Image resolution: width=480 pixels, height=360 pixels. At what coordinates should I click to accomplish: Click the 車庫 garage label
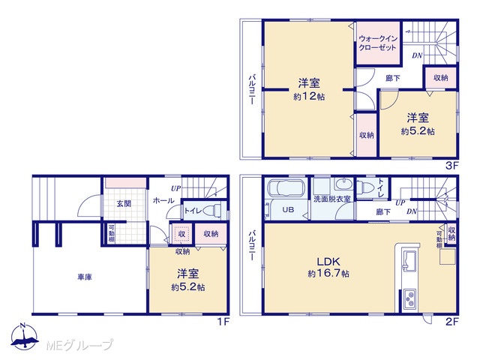85,277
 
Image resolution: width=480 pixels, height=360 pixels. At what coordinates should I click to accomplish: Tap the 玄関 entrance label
124,203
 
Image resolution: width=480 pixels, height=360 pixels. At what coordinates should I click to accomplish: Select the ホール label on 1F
163,201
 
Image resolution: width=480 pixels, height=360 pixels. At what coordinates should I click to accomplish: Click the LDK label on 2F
328,262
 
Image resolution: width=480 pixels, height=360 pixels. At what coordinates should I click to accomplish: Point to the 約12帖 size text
309,97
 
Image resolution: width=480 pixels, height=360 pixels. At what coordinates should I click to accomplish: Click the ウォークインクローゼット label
378,43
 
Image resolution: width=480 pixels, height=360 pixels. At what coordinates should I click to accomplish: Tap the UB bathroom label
288,210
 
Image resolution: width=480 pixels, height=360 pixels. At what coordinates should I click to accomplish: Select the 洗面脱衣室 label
331,199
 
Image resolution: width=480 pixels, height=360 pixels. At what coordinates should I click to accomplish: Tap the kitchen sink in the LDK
408,261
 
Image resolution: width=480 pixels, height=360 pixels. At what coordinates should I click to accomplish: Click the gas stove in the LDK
409,298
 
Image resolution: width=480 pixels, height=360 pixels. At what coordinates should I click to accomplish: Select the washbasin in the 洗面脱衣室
344,184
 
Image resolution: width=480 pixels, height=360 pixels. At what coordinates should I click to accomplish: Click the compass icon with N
24,337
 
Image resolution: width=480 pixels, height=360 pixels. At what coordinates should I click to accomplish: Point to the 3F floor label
451,166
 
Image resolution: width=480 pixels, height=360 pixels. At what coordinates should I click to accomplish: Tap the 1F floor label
223,322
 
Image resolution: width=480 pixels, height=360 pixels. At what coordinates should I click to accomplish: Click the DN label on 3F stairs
417,55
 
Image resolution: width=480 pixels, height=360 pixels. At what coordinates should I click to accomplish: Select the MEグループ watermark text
80,345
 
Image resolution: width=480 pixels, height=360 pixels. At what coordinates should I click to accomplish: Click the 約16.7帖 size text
328,273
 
